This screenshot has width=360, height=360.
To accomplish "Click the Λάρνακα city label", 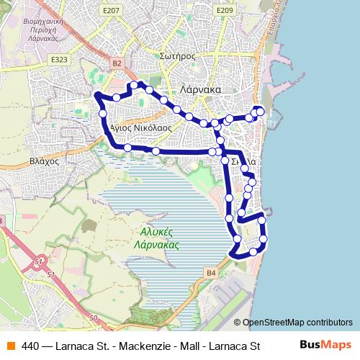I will [x=201, y=90].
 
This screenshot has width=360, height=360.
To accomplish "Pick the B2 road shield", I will [x=117, y=64].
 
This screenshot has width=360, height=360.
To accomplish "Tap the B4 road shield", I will [x=211, y=273].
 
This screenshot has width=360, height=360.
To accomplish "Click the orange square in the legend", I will [x=10, y=345].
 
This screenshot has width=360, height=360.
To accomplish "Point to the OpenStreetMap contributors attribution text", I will [x=297, y=323].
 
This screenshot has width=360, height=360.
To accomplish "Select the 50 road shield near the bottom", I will [x=93, y=318].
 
